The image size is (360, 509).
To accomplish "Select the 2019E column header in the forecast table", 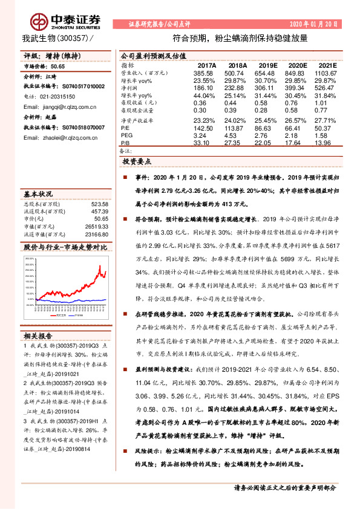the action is (266, 66).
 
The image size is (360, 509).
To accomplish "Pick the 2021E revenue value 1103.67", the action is (326, 73).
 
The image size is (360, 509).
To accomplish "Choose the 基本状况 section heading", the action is (39, 195).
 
